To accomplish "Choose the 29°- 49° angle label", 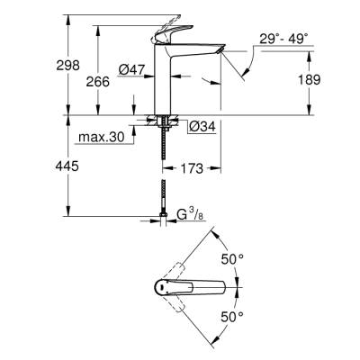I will [x=281, y=39].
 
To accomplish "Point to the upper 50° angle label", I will [x=233, y=258].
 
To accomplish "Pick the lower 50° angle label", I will [x=233, y=317].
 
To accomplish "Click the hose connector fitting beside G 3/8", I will [x=163, y=215].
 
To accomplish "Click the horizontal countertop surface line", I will [x=270, y=115].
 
